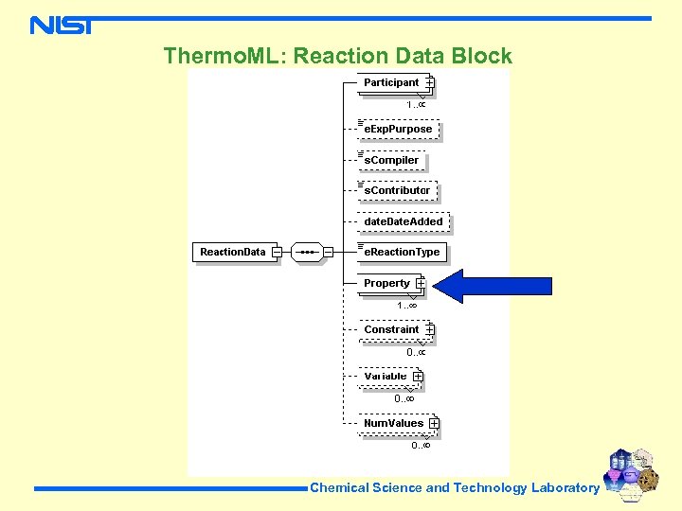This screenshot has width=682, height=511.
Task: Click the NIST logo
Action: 62,25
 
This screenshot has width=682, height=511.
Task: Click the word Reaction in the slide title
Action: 336,56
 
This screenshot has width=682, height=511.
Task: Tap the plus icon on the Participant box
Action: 429,83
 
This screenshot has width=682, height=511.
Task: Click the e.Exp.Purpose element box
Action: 398,130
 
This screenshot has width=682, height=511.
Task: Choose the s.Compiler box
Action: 390,161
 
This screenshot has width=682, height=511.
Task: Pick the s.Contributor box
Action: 397,191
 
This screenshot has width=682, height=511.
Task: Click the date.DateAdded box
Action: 404,222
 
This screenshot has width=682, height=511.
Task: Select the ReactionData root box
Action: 233,252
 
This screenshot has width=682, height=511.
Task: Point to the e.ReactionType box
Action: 402,253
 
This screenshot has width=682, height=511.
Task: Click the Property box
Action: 386,284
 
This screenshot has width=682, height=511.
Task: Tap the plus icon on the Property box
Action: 420,284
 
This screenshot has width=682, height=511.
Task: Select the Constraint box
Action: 391,330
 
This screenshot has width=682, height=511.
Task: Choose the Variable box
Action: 386,377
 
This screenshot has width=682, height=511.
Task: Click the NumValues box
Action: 393,423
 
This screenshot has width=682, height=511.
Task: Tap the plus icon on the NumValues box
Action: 434,423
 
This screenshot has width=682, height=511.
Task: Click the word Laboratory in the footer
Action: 565,488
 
